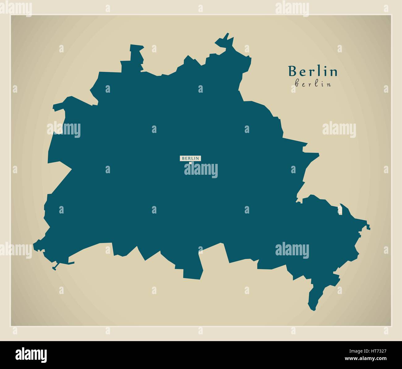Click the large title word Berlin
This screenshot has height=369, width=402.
(x=313, y=71)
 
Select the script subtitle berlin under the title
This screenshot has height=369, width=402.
(x=313, y=84)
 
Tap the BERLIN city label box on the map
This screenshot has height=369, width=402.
(x=190, y=158)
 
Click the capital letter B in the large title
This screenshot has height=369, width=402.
(x=292, y=71)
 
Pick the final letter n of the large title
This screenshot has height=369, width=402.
(x=334, y=72)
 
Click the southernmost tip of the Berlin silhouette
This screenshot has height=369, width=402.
(x=313, y=308)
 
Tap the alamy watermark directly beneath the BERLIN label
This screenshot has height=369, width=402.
(x=201, y=170)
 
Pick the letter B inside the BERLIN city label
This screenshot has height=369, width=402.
(x=183, y=158)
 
